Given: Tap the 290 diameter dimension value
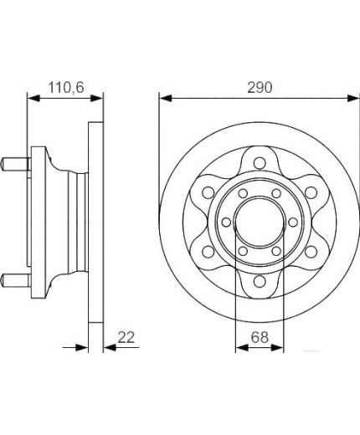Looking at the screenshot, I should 258,86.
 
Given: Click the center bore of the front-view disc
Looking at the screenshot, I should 257,223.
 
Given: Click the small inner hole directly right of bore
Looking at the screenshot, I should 290,223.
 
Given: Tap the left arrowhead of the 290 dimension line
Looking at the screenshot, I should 163,99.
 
